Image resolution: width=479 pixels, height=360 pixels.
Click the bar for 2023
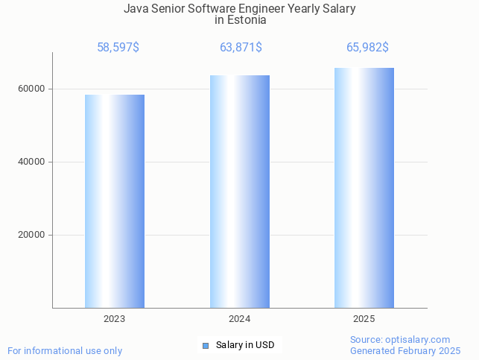click(x=115, y=201)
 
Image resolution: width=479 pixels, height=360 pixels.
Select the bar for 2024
click(x=240, y=192)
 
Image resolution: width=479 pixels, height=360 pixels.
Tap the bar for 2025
click(x=364, y=188)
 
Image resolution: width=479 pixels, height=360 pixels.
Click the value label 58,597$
click(x=118, y=48)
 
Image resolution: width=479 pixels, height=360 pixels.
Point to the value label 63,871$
click(x=241, y=48)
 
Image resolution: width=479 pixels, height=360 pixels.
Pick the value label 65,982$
click(x=367, y=48)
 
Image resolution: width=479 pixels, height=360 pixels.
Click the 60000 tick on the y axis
click(x=31, y=89)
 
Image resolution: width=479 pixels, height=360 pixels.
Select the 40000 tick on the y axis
click(x=31, y=162)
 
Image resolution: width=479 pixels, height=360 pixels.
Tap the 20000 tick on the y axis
click(x=31, y=235)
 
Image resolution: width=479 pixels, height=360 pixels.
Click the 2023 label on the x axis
click(x=115, y=319)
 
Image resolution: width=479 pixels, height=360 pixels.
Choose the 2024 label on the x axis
click(x=240, y=319)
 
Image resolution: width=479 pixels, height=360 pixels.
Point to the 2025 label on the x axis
click(x=364, y=319)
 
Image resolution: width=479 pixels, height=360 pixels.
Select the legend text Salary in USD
click(x=245, y=345)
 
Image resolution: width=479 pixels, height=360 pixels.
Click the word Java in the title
click(x=136, y=9)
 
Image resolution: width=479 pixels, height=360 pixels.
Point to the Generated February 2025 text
click(x=405, y=350)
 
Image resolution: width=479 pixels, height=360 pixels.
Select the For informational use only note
click(x=65, y=350)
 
